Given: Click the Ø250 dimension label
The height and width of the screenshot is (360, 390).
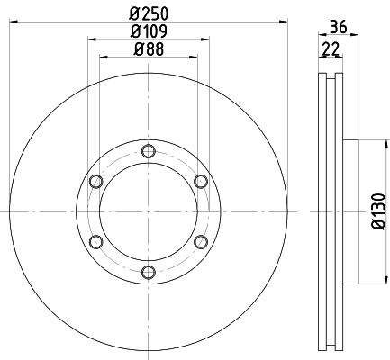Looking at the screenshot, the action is pyautogui.click(x=149, y=13).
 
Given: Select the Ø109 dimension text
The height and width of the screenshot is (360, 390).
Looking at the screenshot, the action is pyautogui.click(x=149, y=31).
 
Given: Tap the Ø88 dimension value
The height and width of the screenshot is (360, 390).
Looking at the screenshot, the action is pyautogui.click(x=149, y=49).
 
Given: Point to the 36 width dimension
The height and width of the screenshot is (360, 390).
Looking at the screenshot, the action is pyautogui.click(x=339, y=27).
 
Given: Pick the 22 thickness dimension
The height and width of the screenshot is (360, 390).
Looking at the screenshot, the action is pyautogui.click(x=331, y=49).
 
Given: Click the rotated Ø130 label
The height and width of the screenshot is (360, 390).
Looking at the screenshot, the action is pyautogui.click(x=378, y=211).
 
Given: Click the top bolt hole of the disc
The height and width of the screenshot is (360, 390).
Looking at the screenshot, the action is pyautogui.click(x=149, y=151).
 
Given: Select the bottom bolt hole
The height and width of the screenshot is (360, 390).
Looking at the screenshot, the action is pyautogui.click(x=149, y=273).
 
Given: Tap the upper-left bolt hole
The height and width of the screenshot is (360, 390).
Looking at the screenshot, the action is pyautogui.click(x=96, y=181).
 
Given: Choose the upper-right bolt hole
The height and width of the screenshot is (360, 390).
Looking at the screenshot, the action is pyautogui.click(x=201, y=181).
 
